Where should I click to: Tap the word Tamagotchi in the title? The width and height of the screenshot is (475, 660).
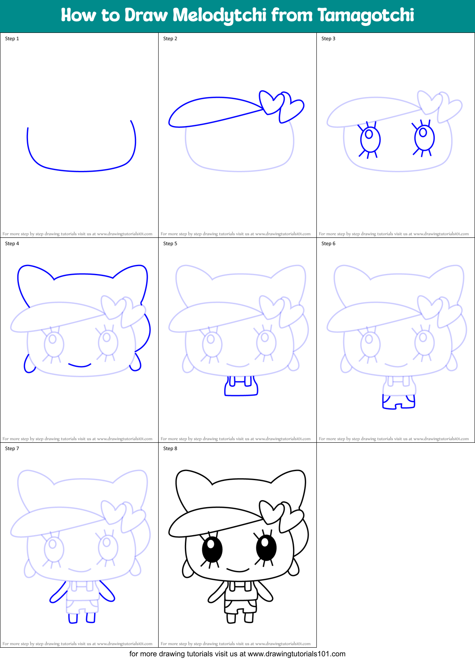click(x=366, y=16)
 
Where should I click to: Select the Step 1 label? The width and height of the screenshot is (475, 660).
click(x=12, y=39)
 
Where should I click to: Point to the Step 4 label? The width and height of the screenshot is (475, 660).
click(x=12, y=244)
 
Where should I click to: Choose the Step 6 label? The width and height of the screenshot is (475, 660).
click(x=328, y=244)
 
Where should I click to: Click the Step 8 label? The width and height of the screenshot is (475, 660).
click(x=170, y=448)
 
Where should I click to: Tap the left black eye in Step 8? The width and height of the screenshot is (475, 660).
click(x=212, y=550)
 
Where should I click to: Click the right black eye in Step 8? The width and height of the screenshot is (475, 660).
click(x=266, y=547)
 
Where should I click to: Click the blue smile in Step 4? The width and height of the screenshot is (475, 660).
click(x=80, y=365)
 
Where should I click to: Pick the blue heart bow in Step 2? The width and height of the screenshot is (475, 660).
click(x=281, y=106)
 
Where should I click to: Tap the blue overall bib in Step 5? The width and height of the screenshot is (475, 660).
click(x=241, y=386)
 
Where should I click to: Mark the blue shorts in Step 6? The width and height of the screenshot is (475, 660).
click(x=399, y=402)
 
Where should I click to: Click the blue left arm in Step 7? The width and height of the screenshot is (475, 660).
click(x=58, y=592)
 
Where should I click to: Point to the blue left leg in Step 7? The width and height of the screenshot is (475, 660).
click(x=73, y=618)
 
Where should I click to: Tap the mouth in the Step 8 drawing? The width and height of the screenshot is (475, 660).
click(x=238, y=570)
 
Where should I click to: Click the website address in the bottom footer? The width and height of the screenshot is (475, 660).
click(x=296, y=654)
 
